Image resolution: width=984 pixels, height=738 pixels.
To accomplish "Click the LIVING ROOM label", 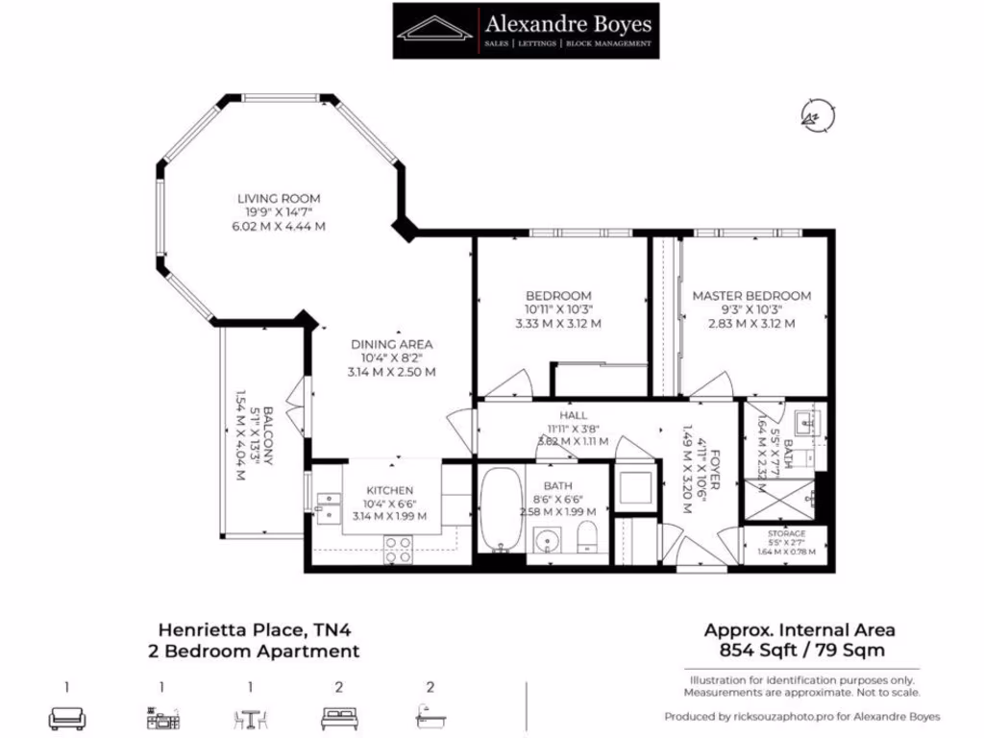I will (280, 199).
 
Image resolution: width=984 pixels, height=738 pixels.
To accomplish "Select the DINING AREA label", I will (391, 344).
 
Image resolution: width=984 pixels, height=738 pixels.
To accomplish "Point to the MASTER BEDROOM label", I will (751, 296).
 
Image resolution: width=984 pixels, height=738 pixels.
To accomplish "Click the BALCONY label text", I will (268, 437).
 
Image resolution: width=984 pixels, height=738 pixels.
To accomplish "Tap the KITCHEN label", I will (389, 490).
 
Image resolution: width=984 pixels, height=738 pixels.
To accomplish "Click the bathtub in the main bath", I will (501, 509).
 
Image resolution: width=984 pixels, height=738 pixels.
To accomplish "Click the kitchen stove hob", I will (399, 549).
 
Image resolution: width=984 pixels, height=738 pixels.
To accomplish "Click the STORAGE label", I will (786, 534).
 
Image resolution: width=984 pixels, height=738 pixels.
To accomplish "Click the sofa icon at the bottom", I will (67, 718).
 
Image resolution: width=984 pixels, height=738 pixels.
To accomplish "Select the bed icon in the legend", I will (339, 718).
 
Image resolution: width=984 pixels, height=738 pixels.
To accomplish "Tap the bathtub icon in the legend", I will (430, 718).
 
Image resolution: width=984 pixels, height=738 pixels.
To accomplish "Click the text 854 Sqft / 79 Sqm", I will (799, 651).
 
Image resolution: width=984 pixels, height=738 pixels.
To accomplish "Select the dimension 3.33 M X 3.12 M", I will (558, 324).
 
